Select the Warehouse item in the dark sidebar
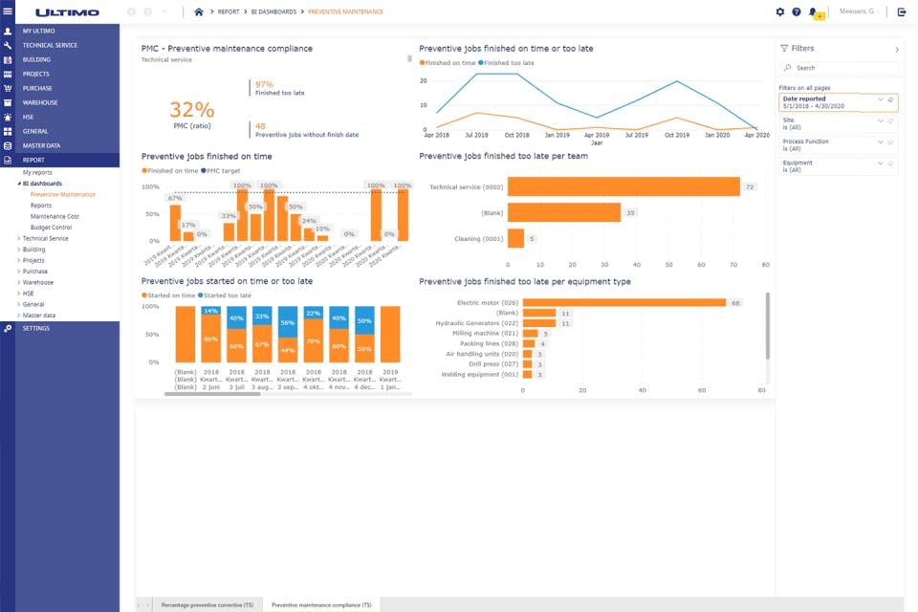(x=40, y=102)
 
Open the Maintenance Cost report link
(x=55, y=216)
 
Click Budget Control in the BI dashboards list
(x=51, y=228)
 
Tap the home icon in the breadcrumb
(x=199, y=11)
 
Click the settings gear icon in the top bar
(x=780, y=11)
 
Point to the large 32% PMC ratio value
(x=192, y=109)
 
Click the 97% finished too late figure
(x=265, y=84)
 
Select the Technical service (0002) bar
(x=623, y=186)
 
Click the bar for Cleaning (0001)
(x=515, y=238)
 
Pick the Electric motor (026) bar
(x=624, y=302)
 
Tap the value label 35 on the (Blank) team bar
(x=630, y=212)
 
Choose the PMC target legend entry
(x=224, y=170)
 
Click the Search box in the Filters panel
(x=840, y=68)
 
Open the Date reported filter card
(x=828, y=102)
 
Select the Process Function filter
(x=827, y=144)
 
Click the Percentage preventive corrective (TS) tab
(x=208, y=604)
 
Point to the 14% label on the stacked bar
(x=210, y=311)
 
